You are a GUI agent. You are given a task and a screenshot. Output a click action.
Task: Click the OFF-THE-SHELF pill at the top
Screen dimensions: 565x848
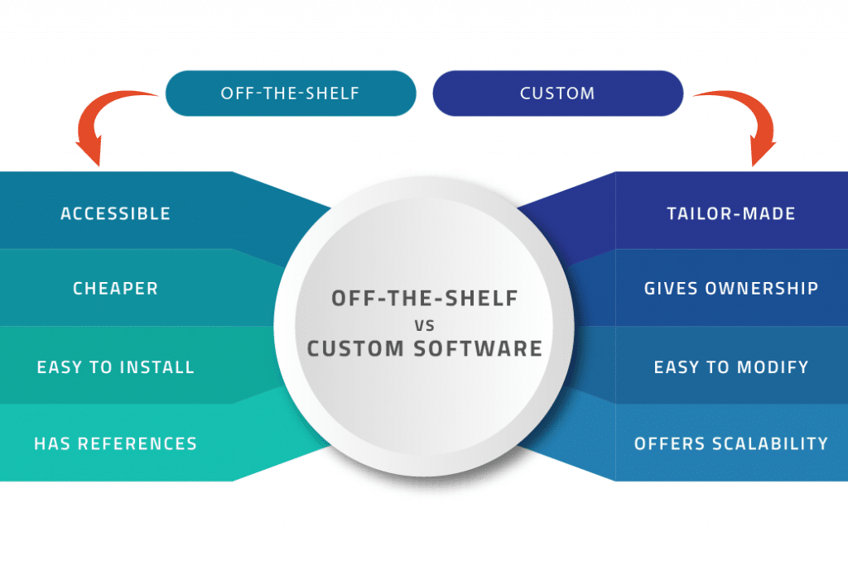(290, 93)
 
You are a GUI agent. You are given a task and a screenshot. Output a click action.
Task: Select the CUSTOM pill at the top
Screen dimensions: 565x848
(557, 93)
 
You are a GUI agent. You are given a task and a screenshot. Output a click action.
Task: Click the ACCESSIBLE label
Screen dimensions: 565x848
(115, 213)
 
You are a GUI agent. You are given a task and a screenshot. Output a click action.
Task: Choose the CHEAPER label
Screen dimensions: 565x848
(115, 289)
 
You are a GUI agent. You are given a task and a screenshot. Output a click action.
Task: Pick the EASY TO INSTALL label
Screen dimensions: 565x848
(115, 366)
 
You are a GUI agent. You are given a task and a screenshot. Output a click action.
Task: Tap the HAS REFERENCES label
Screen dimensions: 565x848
(115, 443)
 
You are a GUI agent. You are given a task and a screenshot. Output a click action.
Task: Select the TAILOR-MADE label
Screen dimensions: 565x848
(730, 213)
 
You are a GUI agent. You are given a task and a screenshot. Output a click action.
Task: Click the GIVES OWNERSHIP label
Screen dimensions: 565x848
(730, 289)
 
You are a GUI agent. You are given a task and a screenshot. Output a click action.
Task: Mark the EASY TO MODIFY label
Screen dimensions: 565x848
(730, 366)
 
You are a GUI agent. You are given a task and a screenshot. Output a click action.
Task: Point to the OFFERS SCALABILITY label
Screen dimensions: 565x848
(730, 443)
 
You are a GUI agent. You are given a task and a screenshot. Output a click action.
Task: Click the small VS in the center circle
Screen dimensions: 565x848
(424, 323)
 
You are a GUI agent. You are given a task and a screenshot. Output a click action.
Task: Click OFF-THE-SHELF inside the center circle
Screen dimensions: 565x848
(424, 298)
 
